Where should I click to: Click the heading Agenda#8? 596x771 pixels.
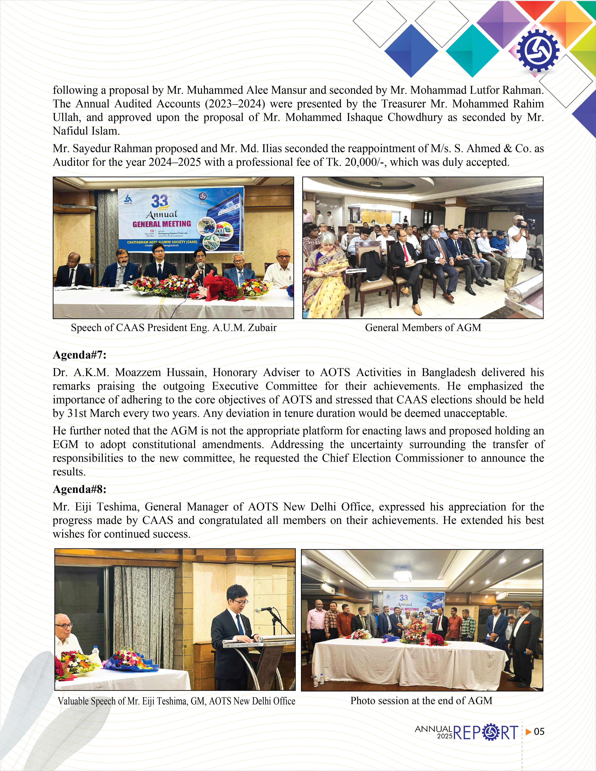tap(79, 489)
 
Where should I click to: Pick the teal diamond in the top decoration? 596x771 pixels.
tap(472, 50)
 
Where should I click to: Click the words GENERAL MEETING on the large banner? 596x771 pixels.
tap(162, 224)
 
